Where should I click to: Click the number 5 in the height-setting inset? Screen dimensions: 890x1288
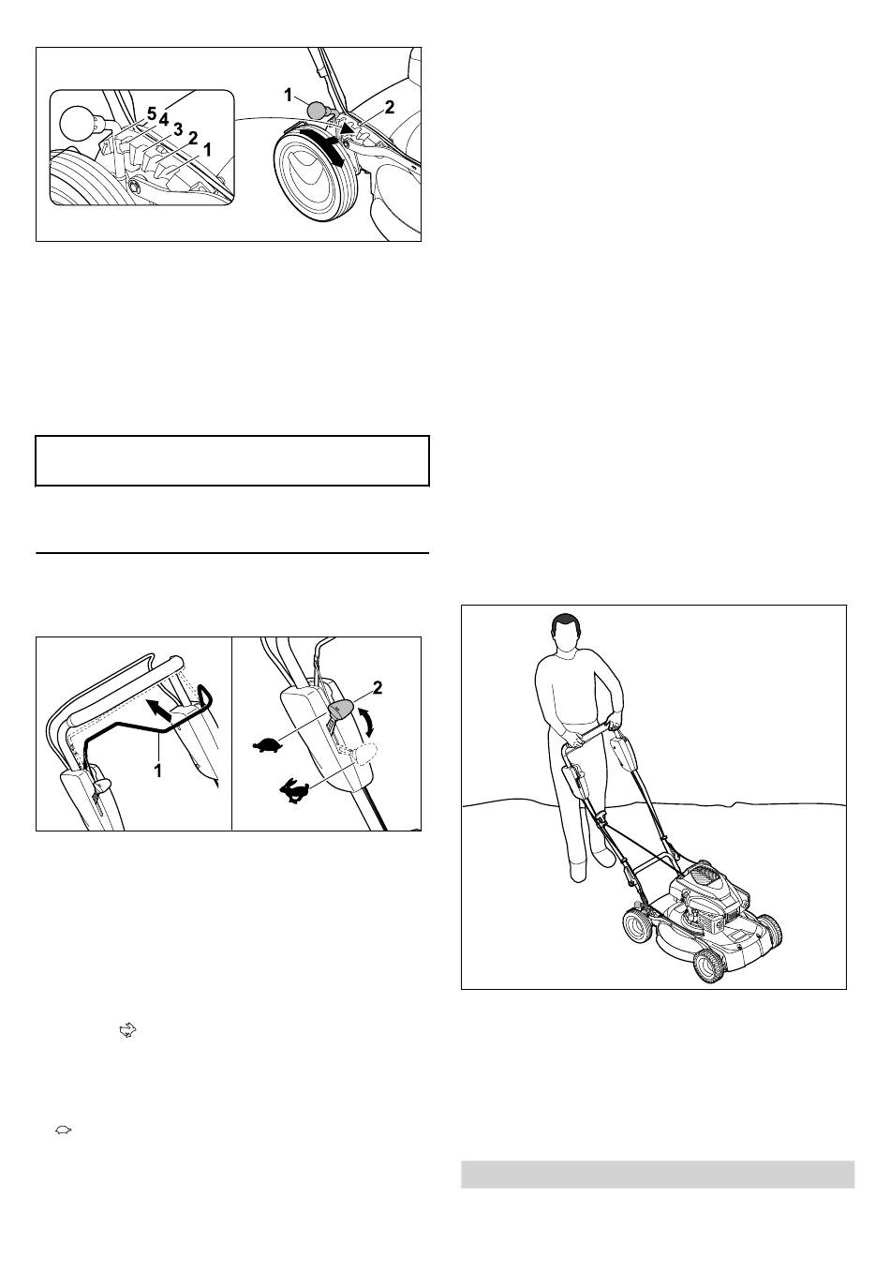coord(151,113)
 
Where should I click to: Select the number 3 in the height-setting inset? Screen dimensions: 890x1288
coord(178,128)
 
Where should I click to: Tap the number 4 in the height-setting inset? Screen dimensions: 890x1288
coord(164,119)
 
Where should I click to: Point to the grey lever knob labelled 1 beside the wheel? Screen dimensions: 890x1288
coord(317,110)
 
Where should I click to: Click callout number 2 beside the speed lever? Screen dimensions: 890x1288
coord(378,687)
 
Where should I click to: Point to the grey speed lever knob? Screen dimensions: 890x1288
coord(341,709)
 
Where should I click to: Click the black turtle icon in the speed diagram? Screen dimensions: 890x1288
coord(267,746)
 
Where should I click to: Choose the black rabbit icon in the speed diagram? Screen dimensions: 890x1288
coord(293,790)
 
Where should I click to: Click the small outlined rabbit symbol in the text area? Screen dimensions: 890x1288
coord(127,1029)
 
